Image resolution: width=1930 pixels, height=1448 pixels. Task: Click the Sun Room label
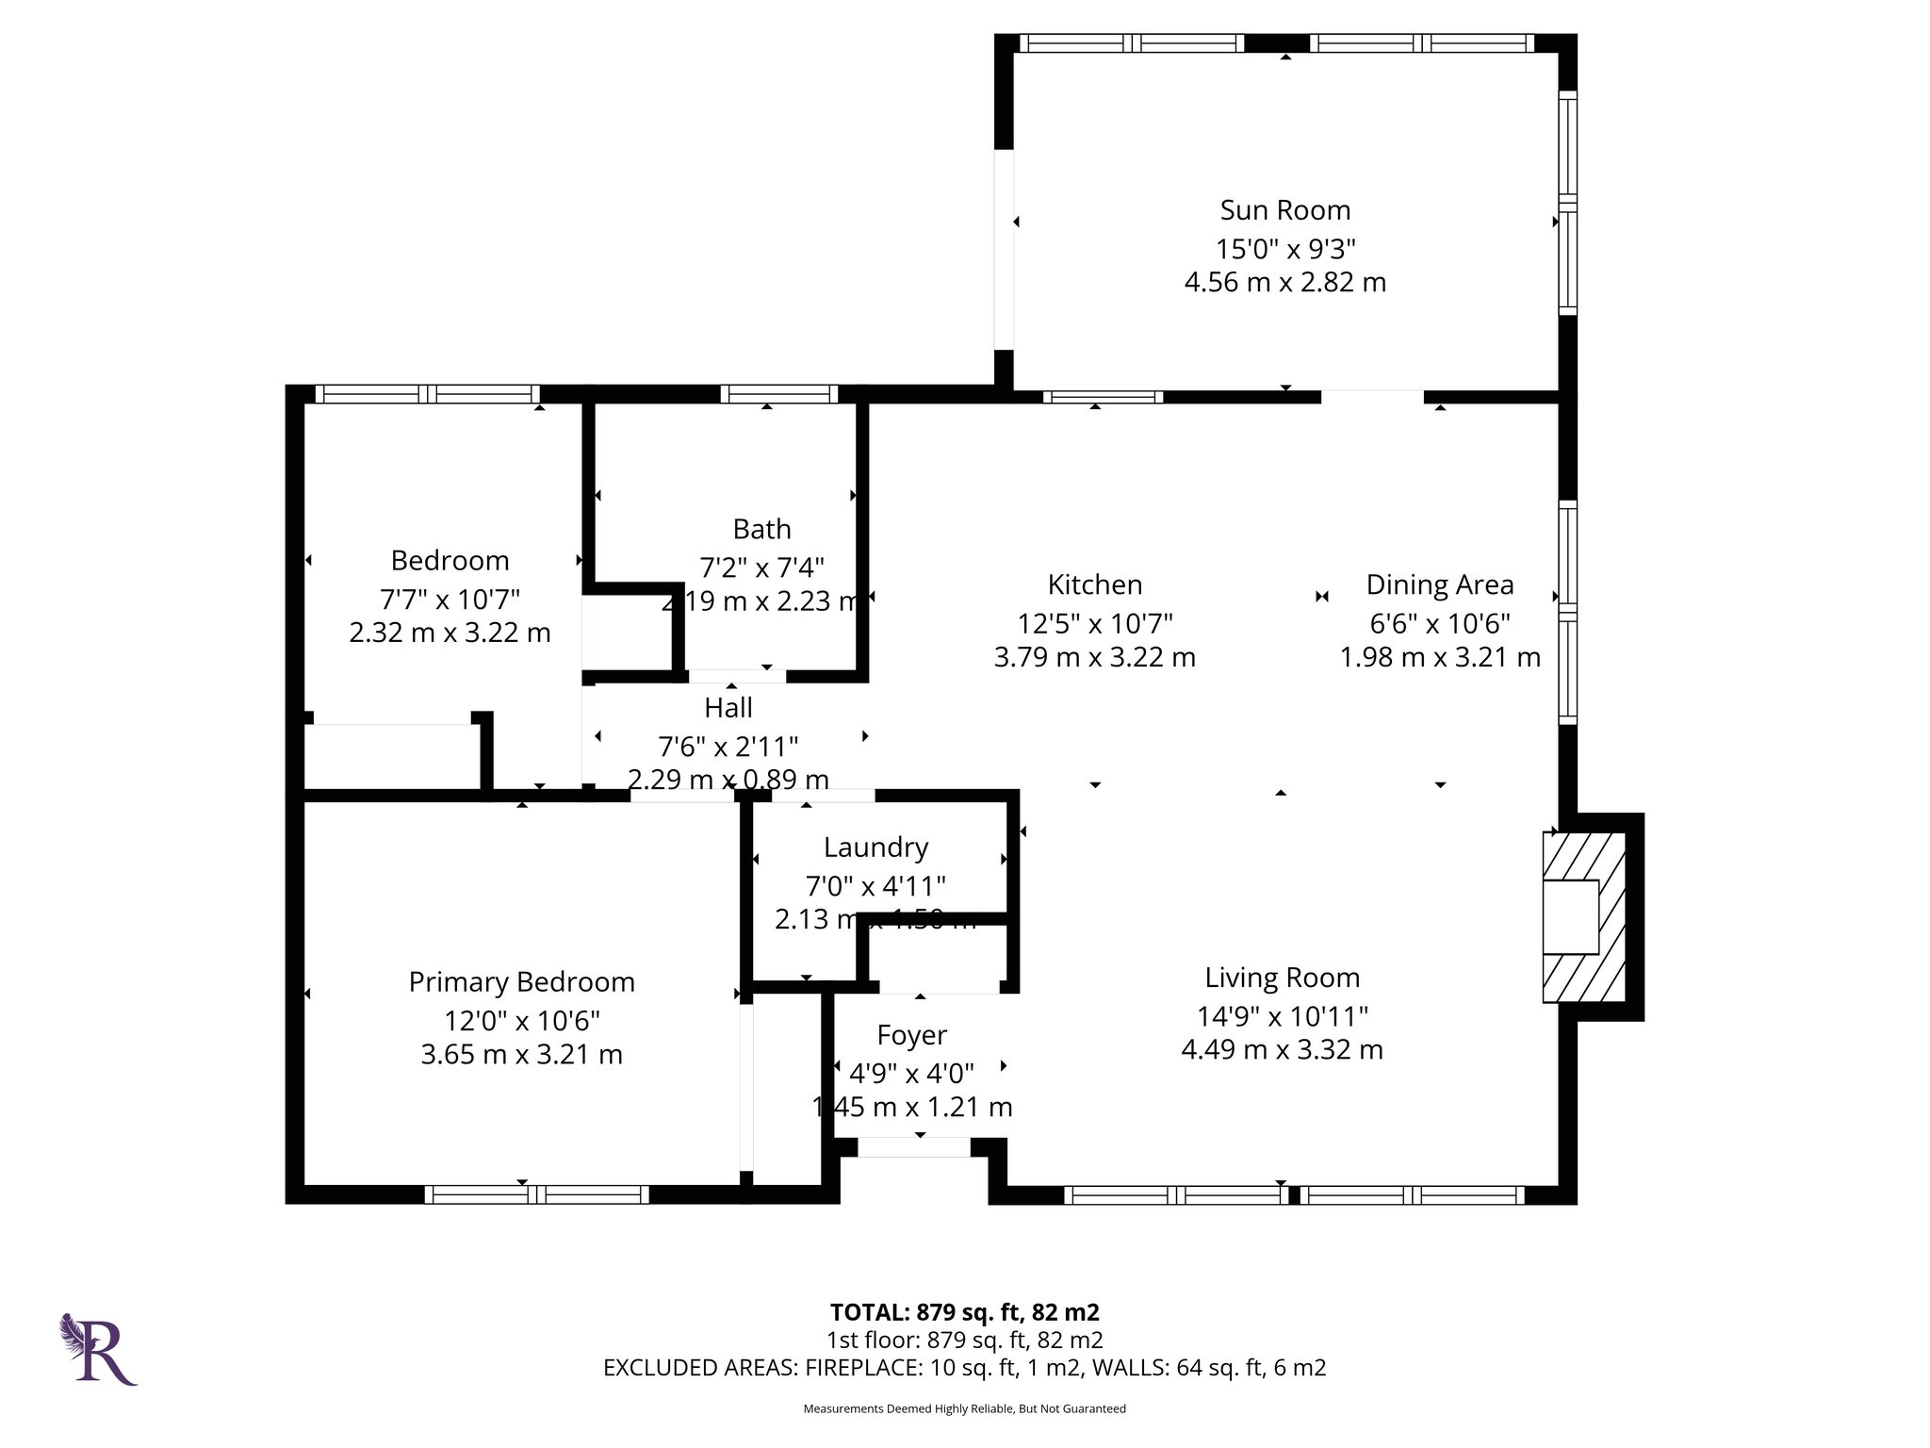click(1284, 209)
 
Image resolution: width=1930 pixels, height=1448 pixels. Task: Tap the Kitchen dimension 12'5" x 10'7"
click(1094, 623)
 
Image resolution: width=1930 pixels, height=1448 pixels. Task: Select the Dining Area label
click(1439, 584)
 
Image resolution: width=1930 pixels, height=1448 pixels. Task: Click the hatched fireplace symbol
click(1583, 916)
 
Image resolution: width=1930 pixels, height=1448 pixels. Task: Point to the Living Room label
click(1282, 978)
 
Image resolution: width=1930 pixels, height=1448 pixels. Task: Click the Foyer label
click(911, 1035)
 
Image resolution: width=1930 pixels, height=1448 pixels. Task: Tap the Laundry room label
click(875, 847)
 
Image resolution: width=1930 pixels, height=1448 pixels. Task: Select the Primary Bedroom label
click(521, 982)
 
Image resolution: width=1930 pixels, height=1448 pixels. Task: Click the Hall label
click(728, 707)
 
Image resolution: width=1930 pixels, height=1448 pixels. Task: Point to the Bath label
click(761, 529)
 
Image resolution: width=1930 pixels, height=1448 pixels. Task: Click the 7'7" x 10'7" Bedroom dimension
click(450, 599)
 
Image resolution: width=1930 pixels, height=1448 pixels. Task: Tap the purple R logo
click(100, 1350)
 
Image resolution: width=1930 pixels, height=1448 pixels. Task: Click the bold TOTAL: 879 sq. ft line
click(964, 1312)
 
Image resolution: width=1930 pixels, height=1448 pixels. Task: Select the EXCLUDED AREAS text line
click(964, 1367)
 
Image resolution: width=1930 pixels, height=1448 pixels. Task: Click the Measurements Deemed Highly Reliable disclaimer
click(964, 1408)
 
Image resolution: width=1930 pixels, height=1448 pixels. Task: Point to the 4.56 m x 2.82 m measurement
click(1284, 282)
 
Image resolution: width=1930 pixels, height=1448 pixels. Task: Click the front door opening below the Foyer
click(913, 1147)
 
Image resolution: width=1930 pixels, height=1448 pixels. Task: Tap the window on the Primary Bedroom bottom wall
click(536, 1194)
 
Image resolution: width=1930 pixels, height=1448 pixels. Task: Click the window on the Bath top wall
click(778, 394)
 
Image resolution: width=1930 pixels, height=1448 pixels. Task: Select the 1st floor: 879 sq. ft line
click(964, 1340)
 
